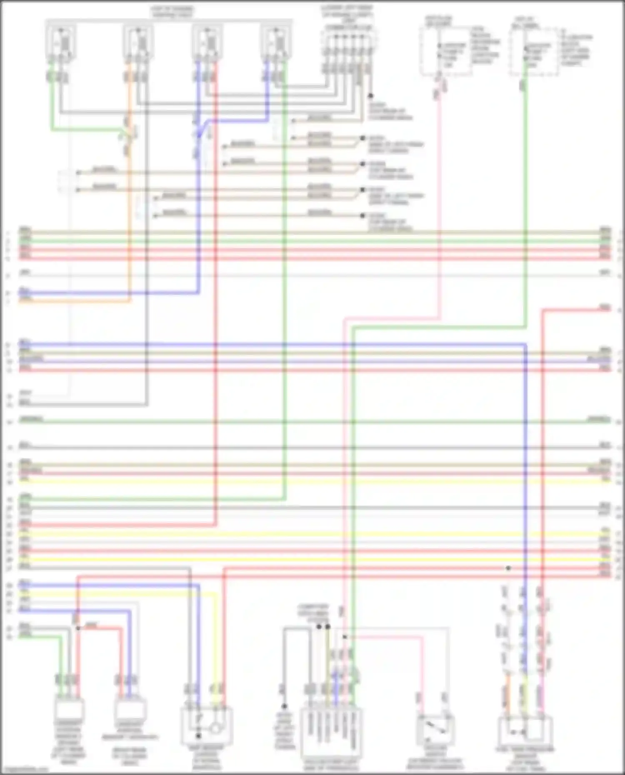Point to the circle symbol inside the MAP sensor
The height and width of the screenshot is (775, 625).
[215, 728]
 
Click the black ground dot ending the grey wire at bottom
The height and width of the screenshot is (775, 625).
[284, 706]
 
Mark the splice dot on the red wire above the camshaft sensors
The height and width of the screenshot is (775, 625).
[78, 628]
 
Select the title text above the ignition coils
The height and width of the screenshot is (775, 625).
[172, 12]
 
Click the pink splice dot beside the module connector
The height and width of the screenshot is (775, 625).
[345, 637]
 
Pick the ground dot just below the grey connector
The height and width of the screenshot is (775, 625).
[370, 96]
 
